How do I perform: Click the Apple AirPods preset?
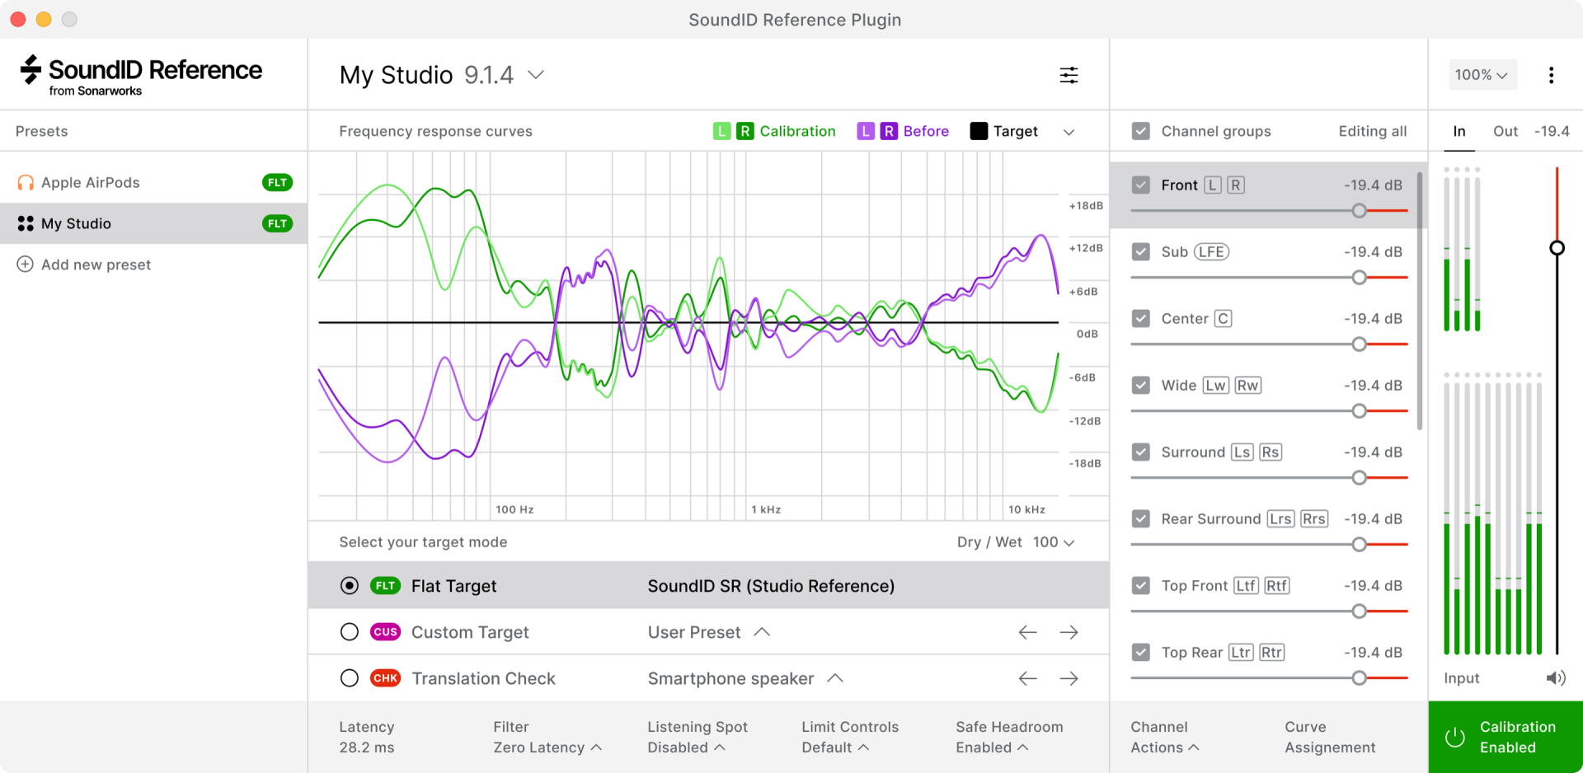point(91,183)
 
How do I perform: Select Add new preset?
point(96,265)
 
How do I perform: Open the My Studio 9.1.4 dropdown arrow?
point(536,75)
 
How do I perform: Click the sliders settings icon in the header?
point(1069,76)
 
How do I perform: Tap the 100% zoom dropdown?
point(1481,75)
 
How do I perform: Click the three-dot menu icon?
point(1551,76)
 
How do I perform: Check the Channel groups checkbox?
point(1141,131)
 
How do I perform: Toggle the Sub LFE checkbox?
point(1141,252)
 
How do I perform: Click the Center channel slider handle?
point(1359,344)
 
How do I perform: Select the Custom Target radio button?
point(350,632)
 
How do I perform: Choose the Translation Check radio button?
point(350,678)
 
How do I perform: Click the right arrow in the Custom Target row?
point(1069,632)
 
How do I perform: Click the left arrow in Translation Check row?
point(1027,678)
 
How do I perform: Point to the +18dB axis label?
point(1086,206)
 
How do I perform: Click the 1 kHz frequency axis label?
point(766,510)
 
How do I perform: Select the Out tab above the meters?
point(1505,131)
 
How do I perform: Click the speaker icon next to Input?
point(1555,678)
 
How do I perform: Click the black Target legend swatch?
point(979,131)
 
